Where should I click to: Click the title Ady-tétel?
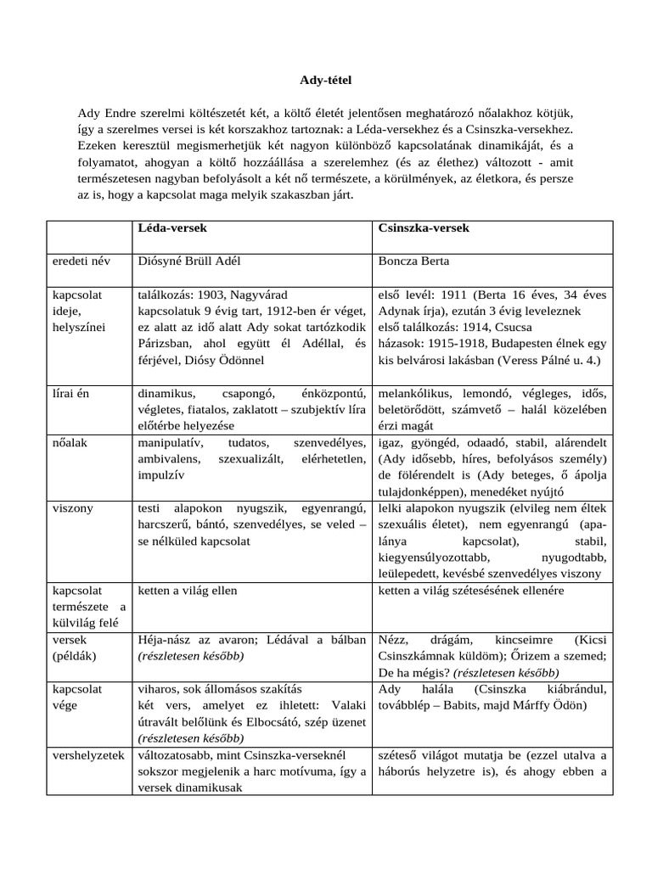click(325, 81)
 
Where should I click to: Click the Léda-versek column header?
click(172, 229)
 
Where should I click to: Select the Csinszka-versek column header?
click(424, 229)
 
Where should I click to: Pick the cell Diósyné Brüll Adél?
click(194, 261)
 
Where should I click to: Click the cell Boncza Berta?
click(414, 261)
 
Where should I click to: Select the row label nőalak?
click(70, 443)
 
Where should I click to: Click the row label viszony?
click(72, 508)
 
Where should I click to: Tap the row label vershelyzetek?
click(87, 754)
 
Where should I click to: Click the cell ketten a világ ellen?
click(188, 590)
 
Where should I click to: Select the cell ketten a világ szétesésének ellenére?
click(471, 590)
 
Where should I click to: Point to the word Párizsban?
click(166, 344)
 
